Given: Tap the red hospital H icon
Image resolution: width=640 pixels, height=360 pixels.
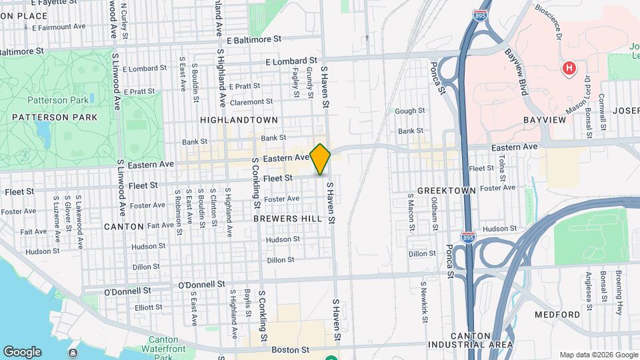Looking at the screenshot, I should click(569, 67).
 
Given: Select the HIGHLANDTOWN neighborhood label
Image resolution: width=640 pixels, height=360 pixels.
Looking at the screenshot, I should click(238, 119).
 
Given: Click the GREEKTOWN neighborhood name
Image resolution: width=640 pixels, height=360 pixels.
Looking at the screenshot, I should click(446, 191).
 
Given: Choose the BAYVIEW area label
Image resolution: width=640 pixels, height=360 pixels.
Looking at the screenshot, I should click(545, 119).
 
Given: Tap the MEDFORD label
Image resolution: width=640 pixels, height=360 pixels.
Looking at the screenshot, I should click(557, 314).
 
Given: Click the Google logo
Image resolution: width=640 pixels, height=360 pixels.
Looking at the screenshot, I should click(22, 351).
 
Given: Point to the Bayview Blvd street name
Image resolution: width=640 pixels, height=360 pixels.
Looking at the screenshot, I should click(515, 70).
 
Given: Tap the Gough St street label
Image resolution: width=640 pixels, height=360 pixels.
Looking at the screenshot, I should click(410, 111).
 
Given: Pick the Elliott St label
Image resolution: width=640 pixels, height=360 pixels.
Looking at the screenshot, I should click(148, 307).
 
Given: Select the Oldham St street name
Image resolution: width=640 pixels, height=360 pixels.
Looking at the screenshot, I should click(435, 214).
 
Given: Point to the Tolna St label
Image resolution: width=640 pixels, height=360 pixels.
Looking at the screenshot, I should click(502, 169).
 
